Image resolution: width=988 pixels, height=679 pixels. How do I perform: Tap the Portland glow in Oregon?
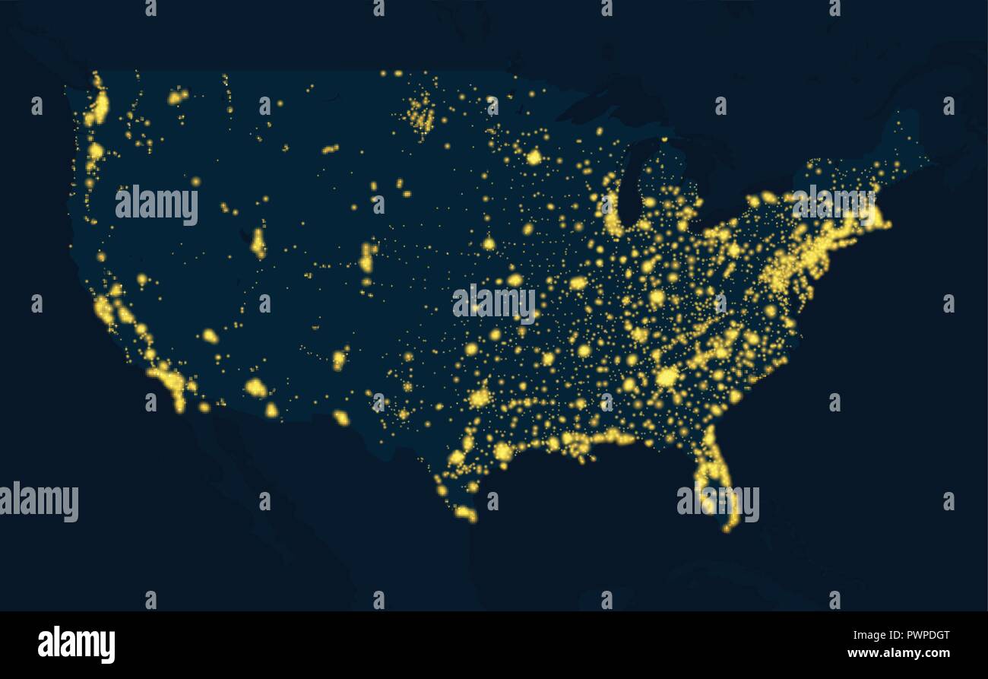[95, 151]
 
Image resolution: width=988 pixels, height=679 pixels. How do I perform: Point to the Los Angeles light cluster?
[166, 376]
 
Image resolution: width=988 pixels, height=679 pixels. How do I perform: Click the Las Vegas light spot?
[210, 335]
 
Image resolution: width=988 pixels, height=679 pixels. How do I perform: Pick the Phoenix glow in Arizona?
[255, 388]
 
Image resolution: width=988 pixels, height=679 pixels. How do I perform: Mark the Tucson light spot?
[271, 410]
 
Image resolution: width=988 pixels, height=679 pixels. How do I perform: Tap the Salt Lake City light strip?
[258, 243]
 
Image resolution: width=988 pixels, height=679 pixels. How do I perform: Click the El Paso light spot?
[340, 417]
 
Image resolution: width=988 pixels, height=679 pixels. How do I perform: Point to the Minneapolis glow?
[534, 157]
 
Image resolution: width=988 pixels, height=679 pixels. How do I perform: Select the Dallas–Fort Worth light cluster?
[480, 398]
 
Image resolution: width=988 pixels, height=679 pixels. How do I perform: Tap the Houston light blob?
[502, 452]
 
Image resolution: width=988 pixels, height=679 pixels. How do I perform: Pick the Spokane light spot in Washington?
[177, 97]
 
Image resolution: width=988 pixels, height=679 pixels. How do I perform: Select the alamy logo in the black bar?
[76, 644]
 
